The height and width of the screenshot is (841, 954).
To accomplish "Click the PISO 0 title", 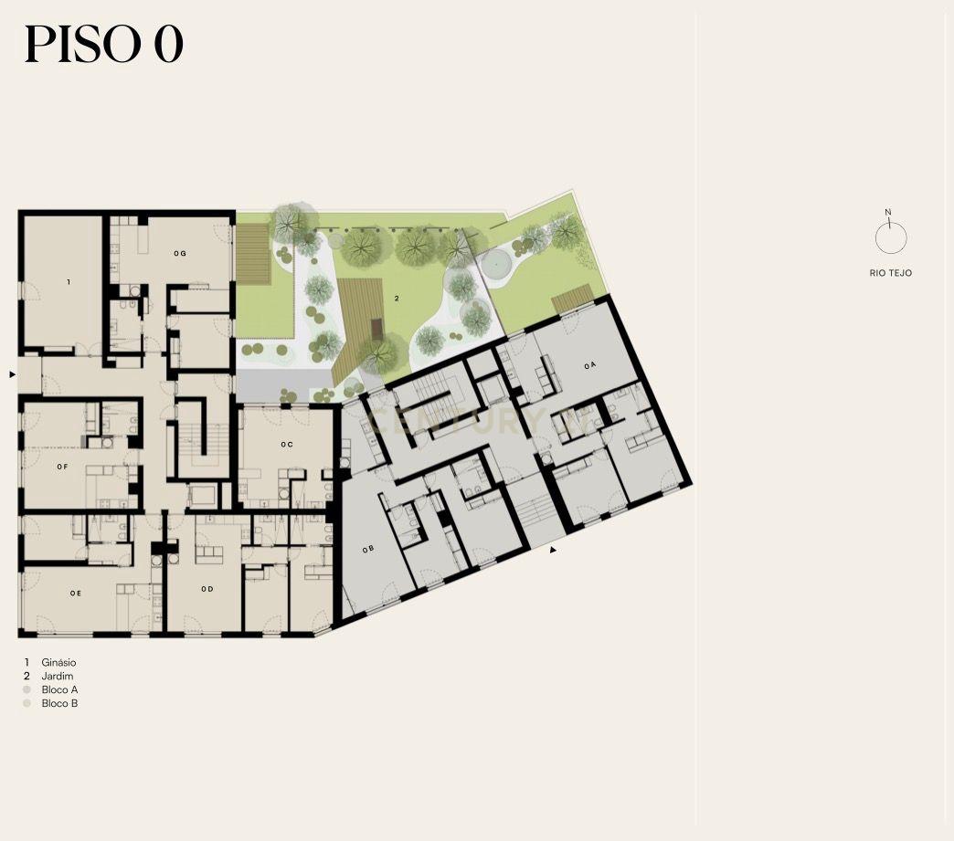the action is click(x=104, y=45).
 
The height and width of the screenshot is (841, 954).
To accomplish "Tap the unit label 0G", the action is click(x=179, y=253).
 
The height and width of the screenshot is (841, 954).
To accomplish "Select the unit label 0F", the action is click(x=62, y=467).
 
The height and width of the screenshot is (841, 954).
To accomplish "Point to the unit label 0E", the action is click(x=76, y=593).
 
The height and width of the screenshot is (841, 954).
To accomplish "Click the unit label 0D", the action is click(x=207, y=589).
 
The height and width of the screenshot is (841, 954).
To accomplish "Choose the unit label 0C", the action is click(x=287, y=445).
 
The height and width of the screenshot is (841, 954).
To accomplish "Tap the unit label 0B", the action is click(x=367, y=549).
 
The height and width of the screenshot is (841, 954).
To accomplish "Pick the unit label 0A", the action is click(x=590, y=365).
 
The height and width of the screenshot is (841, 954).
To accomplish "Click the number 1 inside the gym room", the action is click(x=69, y=282).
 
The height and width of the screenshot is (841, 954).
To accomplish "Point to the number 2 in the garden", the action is click(x=397, y=298).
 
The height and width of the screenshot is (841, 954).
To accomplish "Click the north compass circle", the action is click(x=891, y=237).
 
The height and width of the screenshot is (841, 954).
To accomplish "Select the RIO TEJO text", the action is click(x=891, y=273).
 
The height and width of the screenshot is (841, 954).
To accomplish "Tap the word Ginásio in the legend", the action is click(x=59, y=663).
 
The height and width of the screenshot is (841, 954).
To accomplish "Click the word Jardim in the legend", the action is click(x=58, y=677).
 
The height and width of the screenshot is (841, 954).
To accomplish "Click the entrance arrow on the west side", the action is click(x=12, y=374).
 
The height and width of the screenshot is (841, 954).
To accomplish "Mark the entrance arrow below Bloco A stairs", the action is click(x=553, y=550).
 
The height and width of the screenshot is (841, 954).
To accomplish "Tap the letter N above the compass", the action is click(x=887, y=212).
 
